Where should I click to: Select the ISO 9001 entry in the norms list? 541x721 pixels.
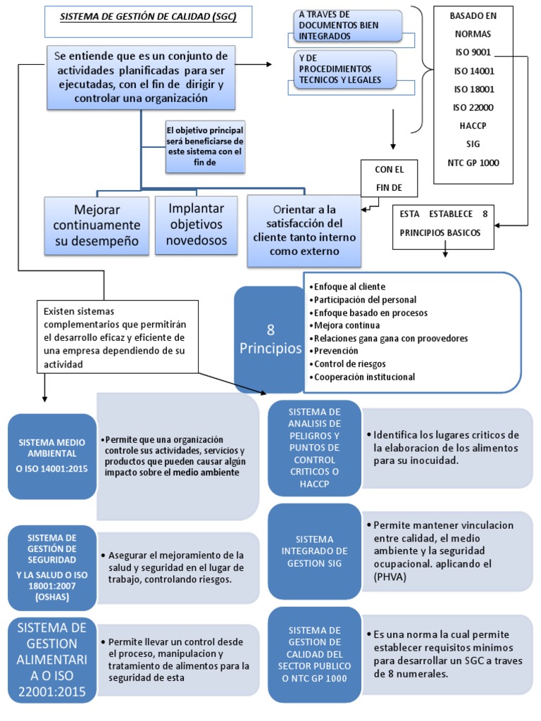473,51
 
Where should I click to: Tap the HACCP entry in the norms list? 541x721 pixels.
473,125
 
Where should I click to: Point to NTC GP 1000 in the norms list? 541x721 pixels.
473,162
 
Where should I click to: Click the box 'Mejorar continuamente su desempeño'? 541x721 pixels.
97,225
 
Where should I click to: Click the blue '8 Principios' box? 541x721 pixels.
270,339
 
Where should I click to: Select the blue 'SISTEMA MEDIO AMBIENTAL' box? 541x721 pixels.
52,455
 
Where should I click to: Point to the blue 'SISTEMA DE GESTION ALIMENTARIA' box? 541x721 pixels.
52,660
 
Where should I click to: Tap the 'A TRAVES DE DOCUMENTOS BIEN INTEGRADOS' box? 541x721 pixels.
346,25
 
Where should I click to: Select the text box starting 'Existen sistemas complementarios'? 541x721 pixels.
117,337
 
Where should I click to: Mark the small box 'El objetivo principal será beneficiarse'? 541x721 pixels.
204,146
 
